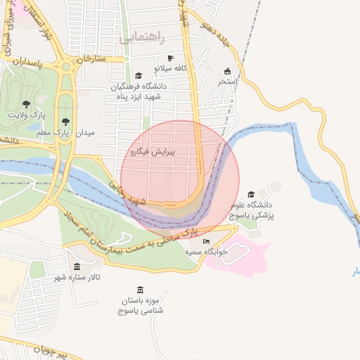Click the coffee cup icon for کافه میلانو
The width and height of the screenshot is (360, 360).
[169, 58]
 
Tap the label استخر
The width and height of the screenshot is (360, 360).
[227, 82]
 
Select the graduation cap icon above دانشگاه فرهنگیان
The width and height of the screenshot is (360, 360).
[139, 75]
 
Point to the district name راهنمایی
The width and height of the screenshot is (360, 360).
[144, 37]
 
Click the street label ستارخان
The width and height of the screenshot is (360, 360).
[92, 58]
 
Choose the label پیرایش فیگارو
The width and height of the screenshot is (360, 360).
[152, 151]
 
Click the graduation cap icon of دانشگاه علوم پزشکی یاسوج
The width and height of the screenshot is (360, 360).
[252, 194]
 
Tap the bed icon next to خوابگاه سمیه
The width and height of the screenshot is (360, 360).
[206, 241]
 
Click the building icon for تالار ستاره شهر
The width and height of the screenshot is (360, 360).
[77, 266]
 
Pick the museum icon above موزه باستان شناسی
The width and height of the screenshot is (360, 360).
[140, 290]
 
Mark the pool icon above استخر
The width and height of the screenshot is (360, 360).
[227, 71]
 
